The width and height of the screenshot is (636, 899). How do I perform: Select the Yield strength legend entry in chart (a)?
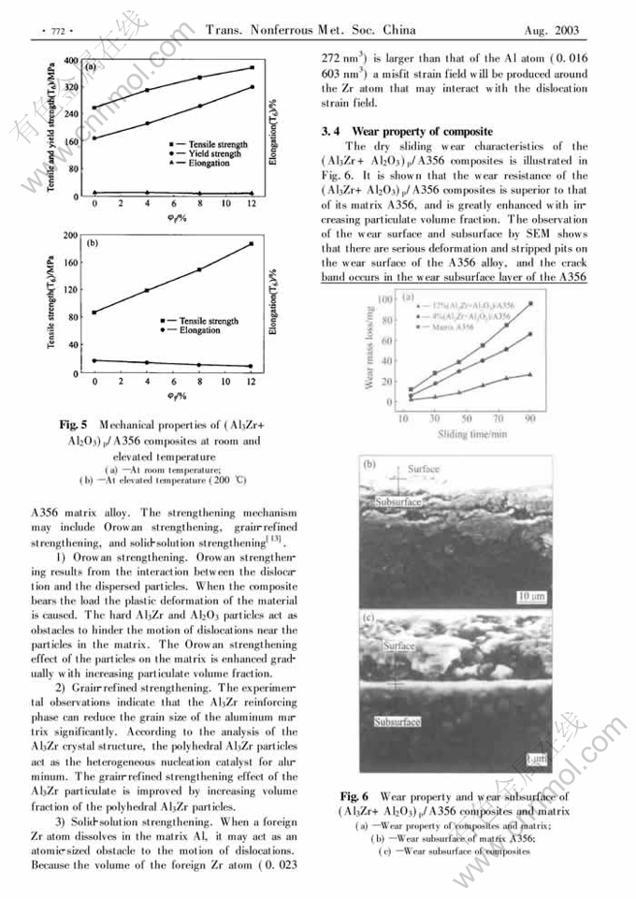217,153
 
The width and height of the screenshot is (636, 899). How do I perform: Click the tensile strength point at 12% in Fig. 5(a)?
252,67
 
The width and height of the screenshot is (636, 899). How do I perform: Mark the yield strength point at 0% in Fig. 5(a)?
94,138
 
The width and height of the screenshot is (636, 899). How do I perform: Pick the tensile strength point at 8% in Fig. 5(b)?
199,269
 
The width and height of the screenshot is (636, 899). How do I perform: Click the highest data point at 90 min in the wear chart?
530,303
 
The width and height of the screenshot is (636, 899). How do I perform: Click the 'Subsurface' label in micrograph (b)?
397,502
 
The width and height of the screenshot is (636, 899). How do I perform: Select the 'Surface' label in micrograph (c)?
399,645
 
